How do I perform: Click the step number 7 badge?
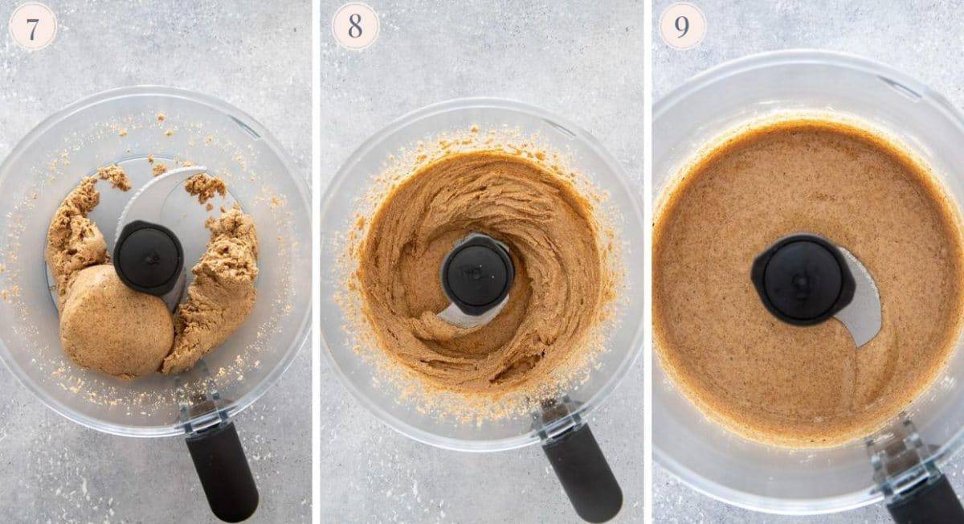click(x=33, y=29)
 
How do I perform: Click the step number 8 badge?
click(x=355, y=27)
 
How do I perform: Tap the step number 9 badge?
click(x=682, y=27)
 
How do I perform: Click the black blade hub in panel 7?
click(x=149, y=257)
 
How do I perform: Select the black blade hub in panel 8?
click(x=478, y=274)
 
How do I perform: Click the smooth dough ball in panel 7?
click(x=116, y=321)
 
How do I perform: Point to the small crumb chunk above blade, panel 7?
click(x=204, y=187)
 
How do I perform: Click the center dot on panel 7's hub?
click(x=149, y=256)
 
